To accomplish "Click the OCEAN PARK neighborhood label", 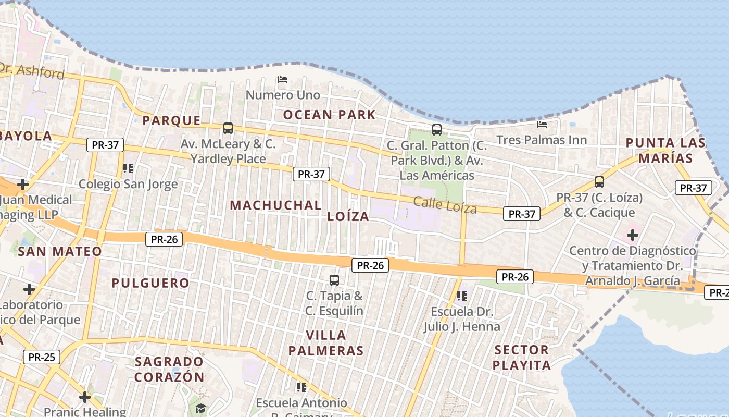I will (329, 115).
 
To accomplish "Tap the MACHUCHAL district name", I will (275, 205).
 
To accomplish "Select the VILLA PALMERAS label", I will (326, 342).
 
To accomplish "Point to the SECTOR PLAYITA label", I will (521, 357).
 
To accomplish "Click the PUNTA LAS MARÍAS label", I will (665, 150).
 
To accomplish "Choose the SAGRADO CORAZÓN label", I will (169, 369).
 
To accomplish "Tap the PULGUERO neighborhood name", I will (151, 283).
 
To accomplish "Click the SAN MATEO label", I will (60, 251).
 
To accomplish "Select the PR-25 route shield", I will (42, 357).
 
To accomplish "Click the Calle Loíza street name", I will (445, 205).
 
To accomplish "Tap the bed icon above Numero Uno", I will (283, 80).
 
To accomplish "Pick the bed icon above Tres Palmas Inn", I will (542, 125).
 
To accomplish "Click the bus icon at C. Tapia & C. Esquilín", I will (334, 280).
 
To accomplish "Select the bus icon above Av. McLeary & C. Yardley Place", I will (228, 128).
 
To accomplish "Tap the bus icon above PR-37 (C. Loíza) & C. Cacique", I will (599, 182).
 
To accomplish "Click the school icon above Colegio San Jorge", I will (128, 168).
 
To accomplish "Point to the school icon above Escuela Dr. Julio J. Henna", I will (461, 296).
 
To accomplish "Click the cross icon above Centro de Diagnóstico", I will (633, 235).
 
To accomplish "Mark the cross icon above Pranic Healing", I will (85, 397).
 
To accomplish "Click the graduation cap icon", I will (200, 408).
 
